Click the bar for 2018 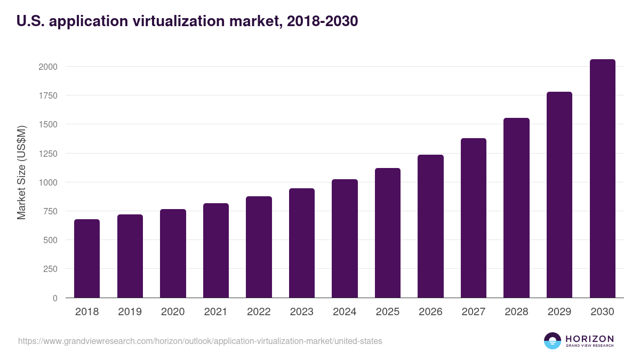[87, 259]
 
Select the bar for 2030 [603, 179]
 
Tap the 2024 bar [345, 238]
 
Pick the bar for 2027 [474, 218]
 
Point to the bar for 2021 [216, 251]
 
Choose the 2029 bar [559, 195]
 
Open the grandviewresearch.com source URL [200, 341]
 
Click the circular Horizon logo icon [553, 341]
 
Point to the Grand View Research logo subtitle [590, 346]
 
